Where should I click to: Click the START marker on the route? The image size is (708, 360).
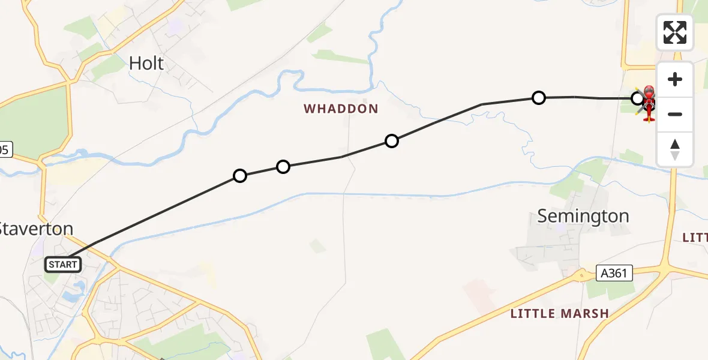[x=63, y=264]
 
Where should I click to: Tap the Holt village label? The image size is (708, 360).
[x=146, y=63]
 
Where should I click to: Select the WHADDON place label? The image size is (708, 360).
[x=341, y=109]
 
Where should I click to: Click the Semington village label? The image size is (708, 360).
[x=583, y=216]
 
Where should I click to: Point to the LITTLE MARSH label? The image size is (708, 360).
[x=559, y=313]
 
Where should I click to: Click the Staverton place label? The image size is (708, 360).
[x=36, y=229]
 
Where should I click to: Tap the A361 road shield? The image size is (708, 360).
[x=615, y=274]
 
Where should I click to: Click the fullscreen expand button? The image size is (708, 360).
[x=674, y=32]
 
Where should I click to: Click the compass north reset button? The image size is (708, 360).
[x=674, y=149]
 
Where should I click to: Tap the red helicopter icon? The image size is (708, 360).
[x=649, y=103]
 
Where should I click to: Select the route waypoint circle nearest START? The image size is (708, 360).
[x=240, y=176]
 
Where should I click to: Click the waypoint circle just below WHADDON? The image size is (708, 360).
[x=392, y=141]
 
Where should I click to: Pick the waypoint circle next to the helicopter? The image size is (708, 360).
[x=637, y=97]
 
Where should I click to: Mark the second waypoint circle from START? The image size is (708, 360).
[x=283, y=166]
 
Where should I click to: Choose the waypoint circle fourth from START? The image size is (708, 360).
[x=539, y=97]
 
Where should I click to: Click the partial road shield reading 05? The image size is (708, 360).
[x=4, y=150]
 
